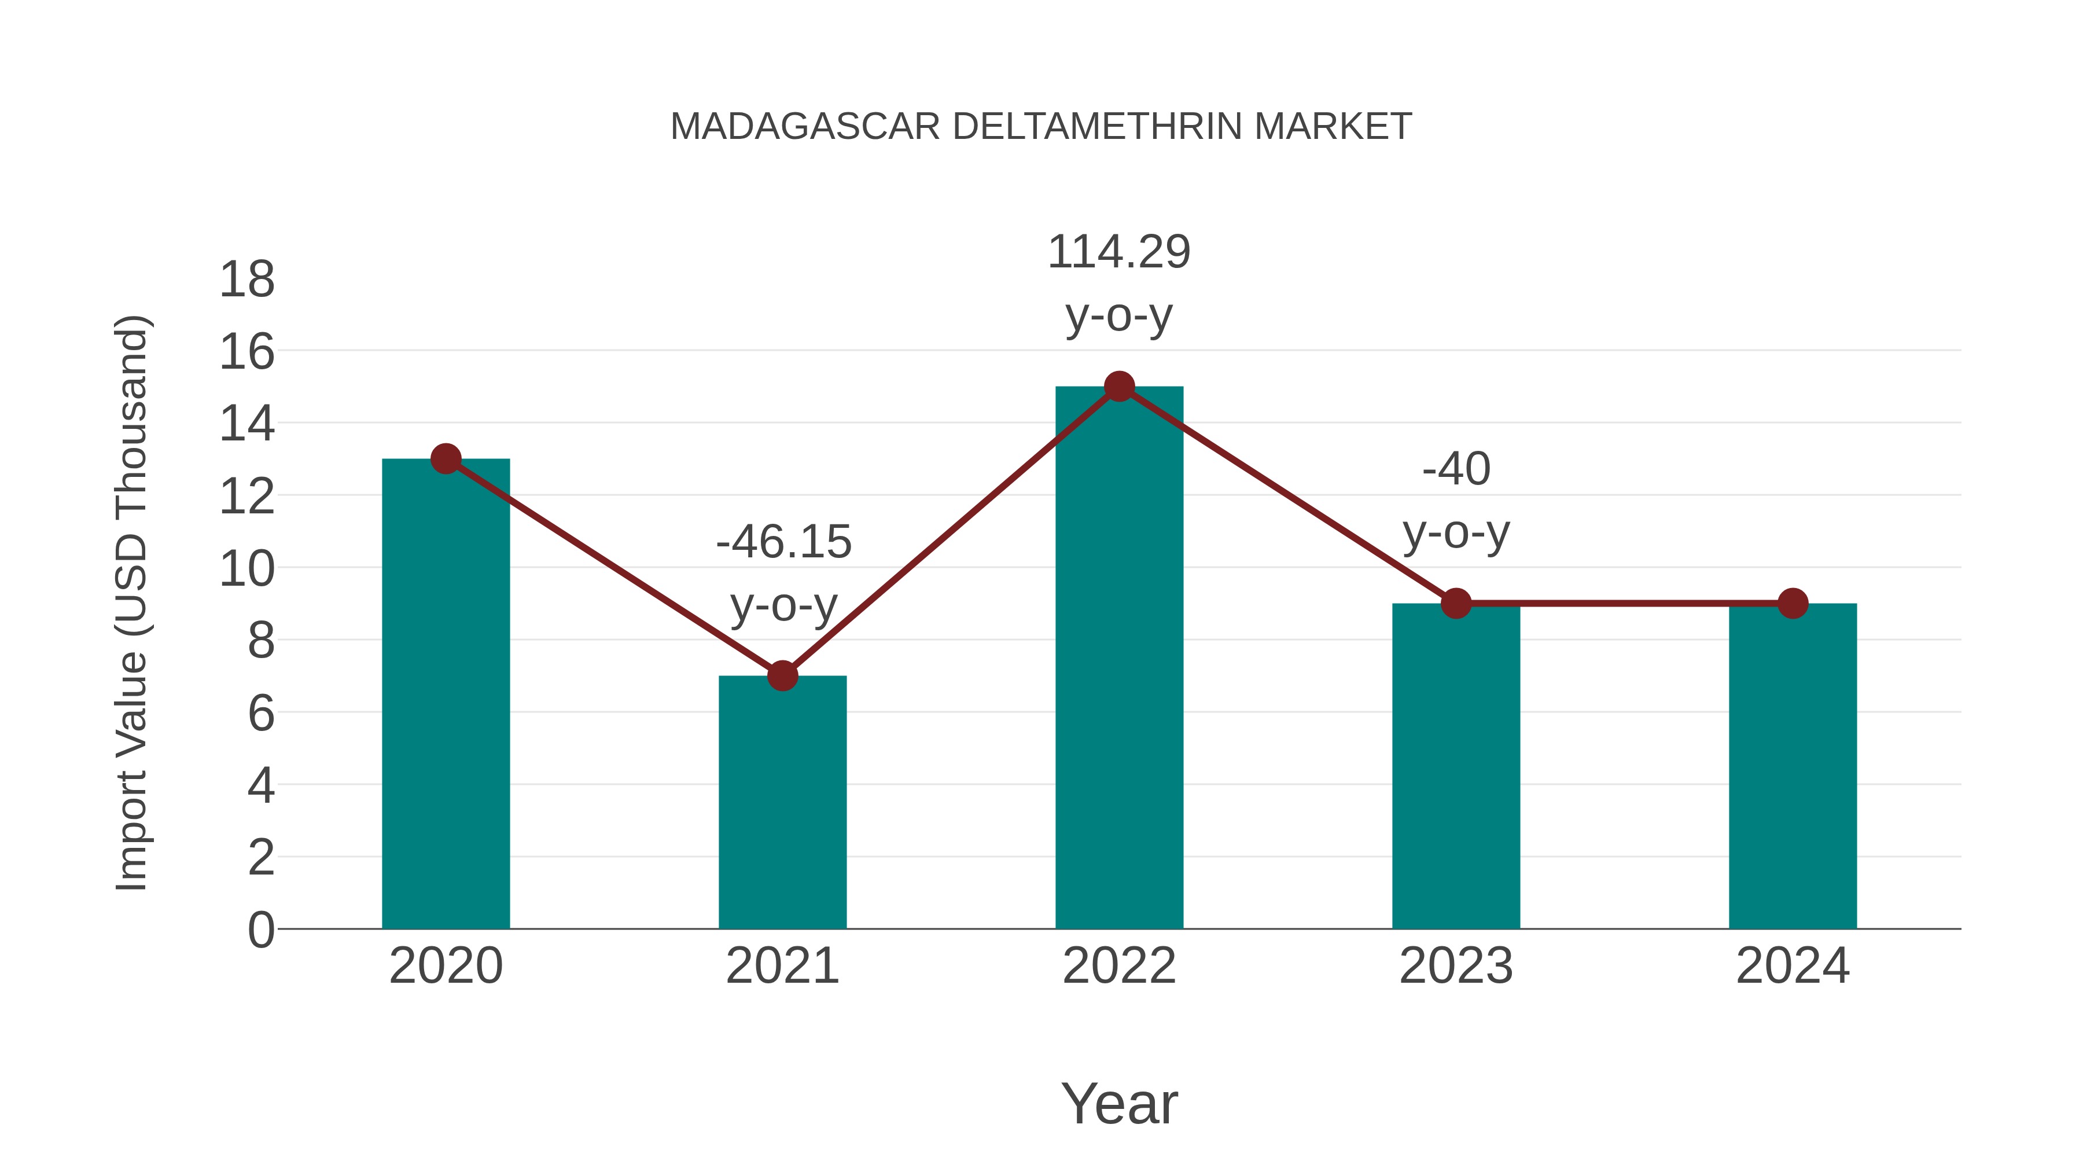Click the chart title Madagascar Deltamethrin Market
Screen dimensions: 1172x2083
tap(1041, 127)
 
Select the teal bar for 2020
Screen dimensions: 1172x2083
tap(446, 696)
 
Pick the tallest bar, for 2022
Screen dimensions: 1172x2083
tap(1119, 659)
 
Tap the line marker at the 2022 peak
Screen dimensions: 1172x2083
tap(1119, 387)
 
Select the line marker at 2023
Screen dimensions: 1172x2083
tap(1456, 604)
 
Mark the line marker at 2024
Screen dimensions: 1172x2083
tap(1793, 604)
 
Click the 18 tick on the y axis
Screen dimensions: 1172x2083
tap(248, 280)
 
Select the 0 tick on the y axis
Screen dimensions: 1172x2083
tap(260, 929)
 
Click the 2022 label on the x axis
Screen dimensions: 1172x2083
tap(1119, 966)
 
